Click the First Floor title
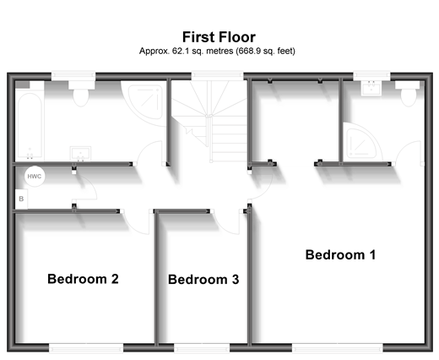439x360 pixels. pos(219,37)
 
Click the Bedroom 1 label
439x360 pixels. pos(340,254)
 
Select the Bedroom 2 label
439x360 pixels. pos(83,279)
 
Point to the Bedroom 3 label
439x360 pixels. pos(203,280)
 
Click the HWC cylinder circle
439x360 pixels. pos(35,177)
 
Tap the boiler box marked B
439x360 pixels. pos(21,199)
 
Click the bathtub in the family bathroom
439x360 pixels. pos(30,125)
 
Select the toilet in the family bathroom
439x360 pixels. pos(81,94)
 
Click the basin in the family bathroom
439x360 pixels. pos(80,154)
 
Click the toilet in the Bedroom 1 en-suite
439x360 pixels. pos(409,94)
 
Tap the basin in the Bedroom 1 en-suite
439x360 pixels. pos(371,88)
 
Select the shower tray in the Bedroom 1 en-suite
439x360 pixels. pos(361,143)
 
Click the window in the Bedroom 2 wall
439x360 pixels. pos(86,347)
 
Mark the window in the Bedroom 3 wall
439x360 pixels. pos(202,347)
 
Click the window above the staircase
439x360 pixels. pos(217,75)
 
